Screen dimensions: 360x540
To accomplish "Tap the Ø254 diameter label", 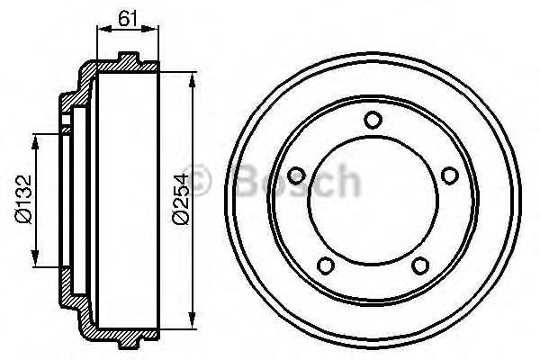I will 179,201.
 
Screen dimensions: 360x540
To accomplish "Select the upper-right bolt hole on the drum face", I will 447,176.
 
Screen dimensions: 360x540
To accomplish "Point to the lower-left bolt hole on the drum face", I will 326,265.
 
